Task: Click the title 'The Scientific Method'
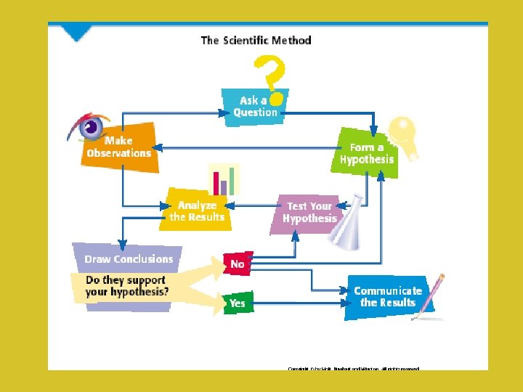click(x=256, y=41)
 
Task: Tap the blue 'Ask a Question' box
click(x=255, y=106)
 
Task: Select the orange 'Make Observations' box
click(x=120, y=147)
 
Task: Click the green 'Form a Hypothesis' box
click(x=367, y=154)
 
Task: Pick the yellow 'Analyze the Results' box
click(x=197, y=211)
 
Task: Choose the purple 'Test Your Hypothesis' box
click(x=310, y=212)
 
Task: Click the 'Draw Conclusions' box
click(x=129, y=258)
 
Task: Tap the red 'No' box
click(x=238, y=264)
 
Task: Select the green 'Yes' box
click(x=238, y=303)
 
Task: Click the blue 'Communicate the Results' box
click(x=388, y=296)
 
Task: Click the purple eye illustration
click(x=89, y=128)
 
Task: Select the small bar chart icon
click(x=224, y=179)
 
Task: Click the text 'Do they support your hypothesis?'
click(x=127, y=285)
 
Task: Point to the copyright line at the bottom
click(x=354, y=368)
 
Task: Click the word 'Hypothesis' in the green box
click(x=367, y=160)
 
